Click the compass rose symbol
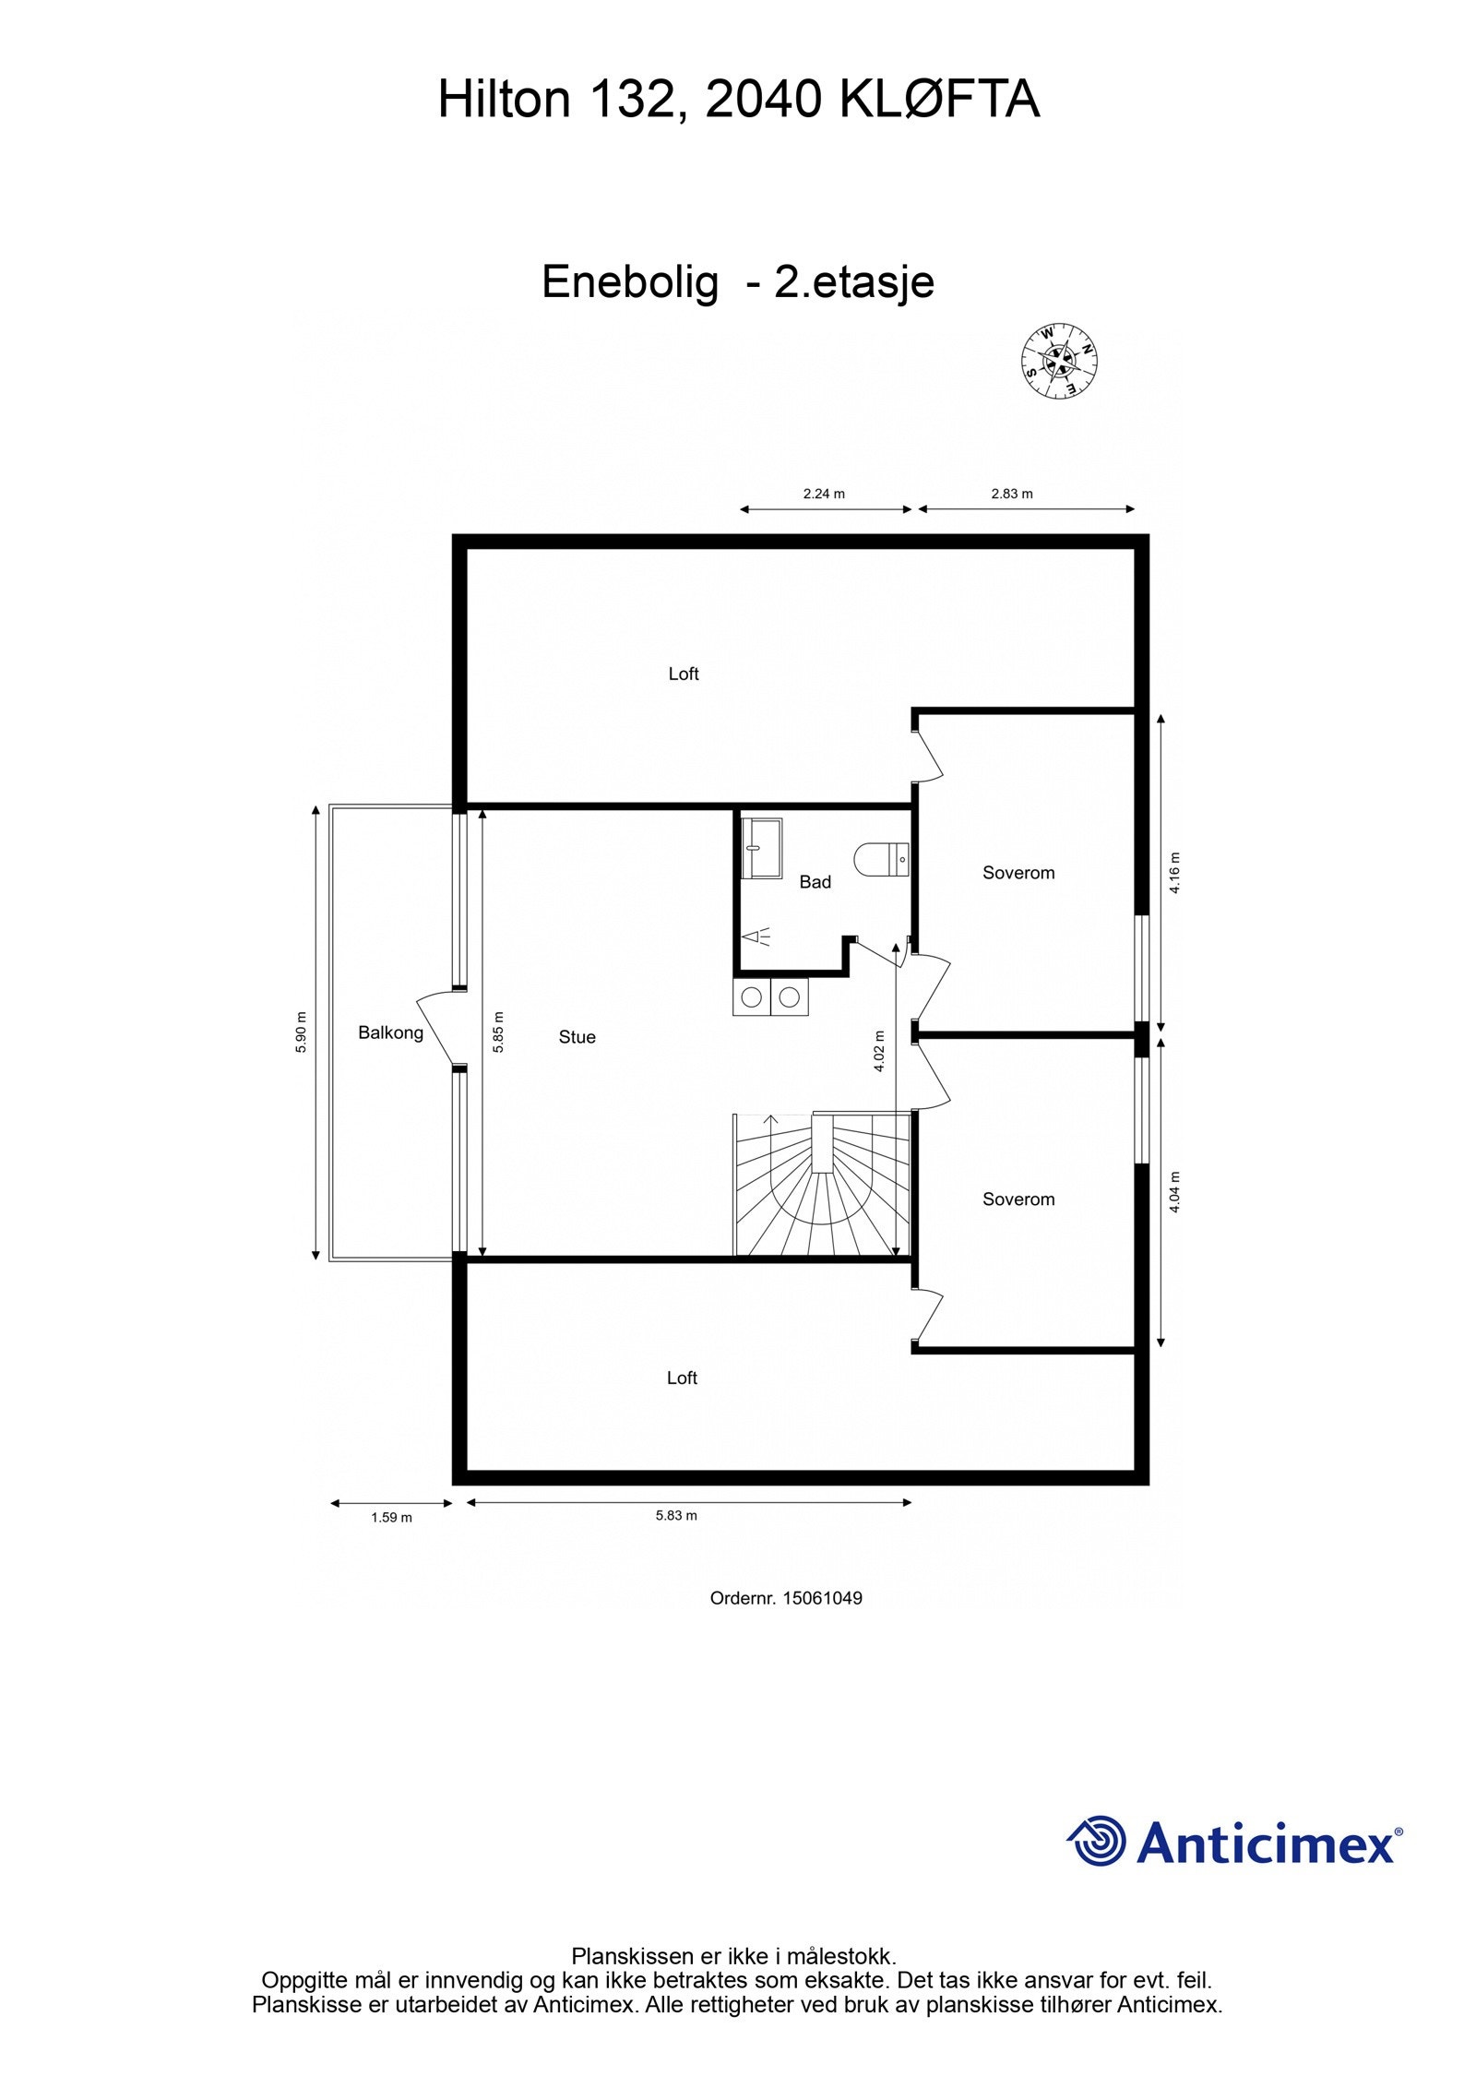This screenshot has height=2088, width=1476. coord(1059,362)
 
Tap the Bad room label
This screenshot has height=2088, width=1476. coord(815,882)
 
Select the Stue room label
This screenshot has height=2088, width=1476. coord(577,1037)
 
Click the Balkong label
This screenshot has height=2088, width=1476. coord(390,1032)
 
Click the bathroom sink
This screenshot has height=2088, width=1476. coord(762,847)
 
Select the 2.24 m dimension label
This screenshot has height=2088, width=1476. coord(824,494)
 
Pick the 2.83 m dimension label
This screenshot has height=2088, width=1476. coord(1012,494)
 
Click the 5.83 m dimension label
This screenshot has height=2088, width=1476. coord(676,1515)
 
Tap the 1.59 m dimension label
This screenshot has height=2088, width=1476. coord(391,1517)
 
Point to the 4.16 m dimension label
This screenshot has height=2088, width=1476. coord(1174,874)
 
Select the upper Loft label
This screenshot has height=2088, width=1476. coord(684,674)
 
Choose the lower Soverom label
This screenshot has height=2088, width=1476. coord(1018,1199)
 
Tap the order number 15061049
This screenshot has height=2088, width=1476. coord(822,1598)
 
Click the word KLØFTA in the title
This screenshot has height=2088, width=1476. coord(939,100)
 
